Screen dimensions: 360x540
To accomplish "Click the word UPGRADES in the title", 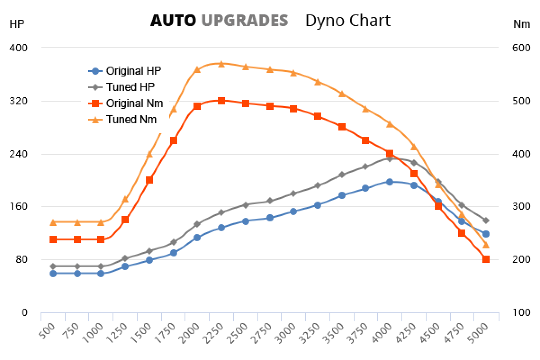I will click(244, 20).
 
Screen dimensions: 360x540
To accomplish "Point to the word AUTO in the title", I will click(173, 20).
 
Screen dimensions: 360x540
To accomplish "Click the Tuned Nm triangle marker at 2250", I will click(221, 64).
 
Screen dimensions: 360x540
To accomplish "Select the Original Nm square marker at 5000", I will click(486, 259).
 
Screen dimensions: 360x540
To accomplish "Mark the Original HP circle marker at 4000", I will click(390, 182).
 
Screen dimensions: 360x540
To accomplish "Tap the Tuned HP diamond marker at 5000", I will click(486, 220).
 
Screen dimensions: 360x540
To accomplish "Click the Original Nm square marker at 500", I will click(53, 239).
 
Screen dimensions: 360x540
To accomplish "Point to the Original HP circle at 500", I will click(53, 274).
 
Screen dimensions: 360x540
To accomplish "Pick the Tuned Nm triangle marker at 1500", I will click(149, 155).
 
